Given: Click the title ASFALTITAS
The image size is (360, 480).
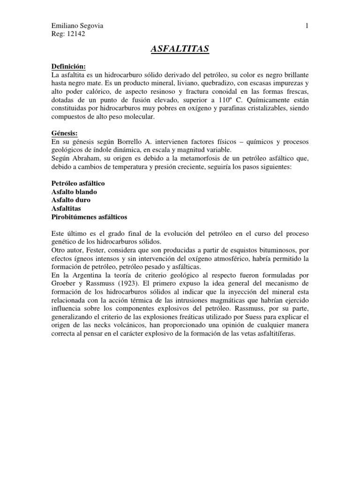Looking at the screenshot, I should (x=180, y=49).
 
